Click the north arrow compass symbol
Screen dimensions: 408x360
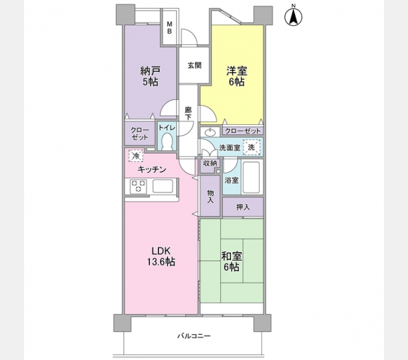coord(293,16)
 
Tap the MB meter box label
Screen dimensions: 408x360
coord(169,28)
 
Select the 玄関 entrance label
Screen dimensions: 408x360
coord(194,65)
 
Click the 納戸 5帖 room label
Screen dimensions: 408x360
coord(150,76)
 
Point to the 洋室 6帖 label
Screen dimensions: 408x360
coord(236,76)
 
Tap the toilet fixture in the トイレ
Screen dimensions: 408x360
coord(167,142)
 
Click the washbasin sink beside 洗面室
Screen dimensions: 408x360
coord(210,133)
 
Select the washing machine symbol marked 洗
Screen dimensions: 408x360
coord(251,148)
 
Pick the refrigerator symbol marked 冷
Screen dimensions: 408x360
coord(136,155)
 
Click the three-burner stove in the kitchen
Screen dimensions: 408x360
coord(139,186)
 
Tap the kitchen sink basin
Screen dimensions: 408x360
coord(163,186)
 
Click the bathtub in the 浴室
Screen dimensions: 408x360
coord(251,178)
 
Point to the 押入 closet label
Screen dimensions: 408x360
coord(243,207)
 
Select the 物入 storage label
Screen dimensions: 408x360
coord(211,196)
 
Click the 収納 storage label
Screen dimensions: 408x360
coord(210,163)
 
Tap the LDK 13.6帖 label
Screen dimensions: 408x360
coord(161,256)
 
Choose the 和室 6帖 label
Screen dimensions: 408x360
coord(232,262)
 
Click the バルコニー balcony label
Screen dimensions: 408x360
coord(194,336)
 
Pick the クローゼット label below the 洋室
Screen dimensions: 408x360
coord(242,131)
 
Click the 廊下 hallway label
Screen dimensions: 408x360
coord(188,113)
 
